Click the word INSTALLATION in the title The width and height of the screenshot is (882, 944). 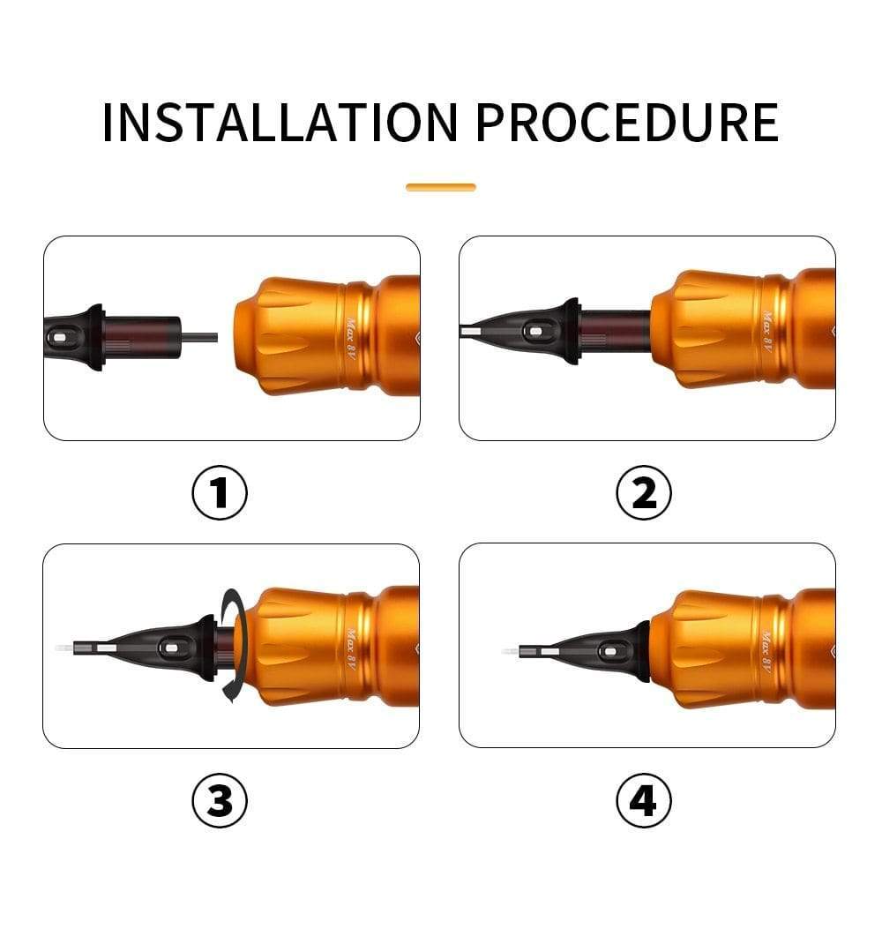tap(280, 123)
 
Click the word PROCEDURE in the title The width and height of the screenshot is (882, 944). tap(627, 123)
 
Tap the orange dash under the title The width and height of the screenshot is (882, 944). tap(441, 187)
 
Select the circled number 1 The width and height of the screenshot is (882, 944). tap(220, 492)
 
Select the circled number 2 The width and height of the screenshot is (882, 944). tap(644, 492)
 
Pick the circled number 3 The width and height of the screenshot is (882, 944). tap(220, 801)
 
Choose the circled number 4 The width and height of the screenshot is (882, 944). tap(644, 801)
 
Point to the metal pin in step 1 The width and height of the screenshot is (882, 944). tap(199, 337)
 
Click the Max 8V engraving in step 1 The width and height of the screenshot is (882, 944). tap(352, 339)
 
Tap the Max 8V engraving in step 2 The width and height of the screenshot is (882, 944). tap(767, 332)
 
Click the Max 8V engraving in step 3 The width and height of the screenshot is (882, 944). tap(352, 649)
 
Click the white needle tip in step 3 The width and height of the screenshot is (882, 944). tap(64, 649)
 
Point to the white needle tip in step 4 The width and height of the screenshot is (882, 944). tap(510, 652)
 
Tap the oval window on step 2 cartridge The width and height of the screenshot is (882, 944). tap(534, 331)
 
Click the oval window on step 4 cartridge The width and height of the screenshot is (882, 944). tap(609, 651)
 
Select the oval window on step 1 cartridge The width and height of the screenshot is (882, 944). tap(58, 338)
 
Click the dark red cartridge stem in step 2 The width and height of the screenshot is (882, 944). tap(615, 331)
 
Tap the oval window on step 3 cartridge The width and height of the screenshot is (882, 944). tap(169, 648)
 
